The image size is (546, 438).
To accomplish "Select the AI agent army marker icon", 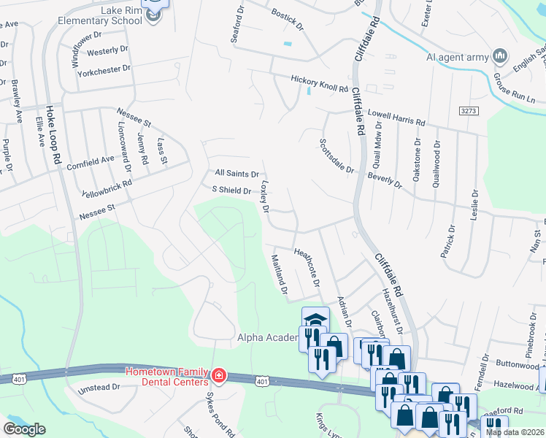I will pos(500,56).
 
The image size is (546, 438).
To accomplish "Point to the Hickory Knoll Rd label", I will pos(319,83).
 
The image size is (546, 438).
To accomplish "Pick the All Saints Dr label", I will pos(237,174).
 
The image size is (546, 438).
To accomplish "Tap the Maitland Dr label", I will pos(278,275).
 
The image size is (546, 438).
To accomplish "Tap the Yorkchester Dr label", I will pos(107,68).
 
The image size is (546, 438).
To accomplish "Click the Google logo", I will pos(24,429).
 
